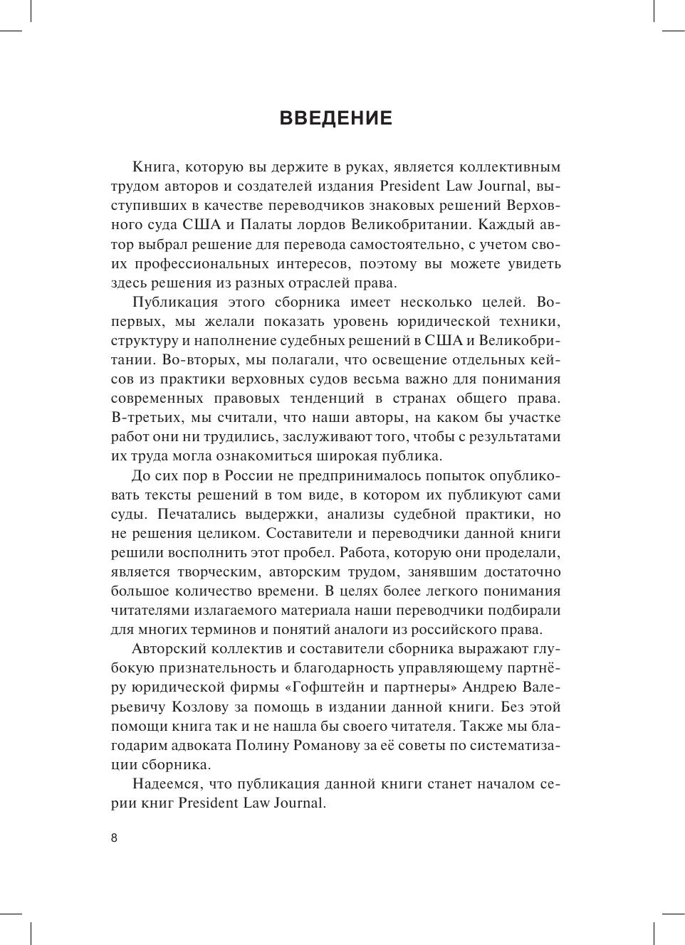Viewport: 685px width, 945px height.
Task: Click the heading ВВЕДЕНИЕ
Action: [x=336, y=118]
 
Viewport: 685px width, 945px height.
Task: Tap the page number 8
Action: [x=114, y=838]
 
